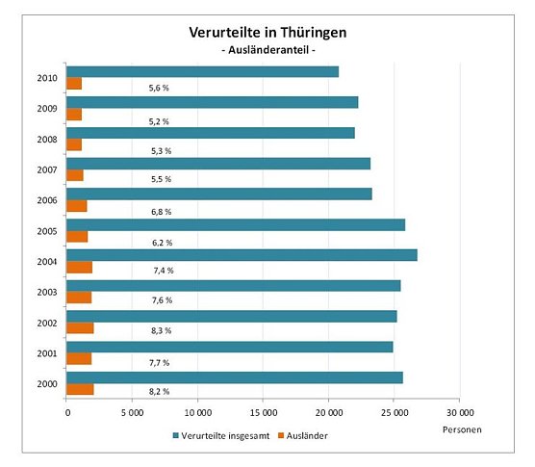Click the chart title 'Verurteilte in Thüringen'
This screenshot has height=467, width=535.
(267, 33)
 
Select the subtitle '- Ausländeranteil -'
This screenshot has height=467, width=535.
(267, 50)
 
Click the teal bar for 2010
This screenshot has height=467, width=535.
(202, 71)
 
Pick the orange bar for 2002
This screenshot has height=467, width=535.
(80, 327)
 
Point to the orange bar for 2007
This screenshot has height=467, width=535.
(75, 175)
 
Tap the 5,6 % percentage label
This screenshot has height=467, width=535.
(160, 88)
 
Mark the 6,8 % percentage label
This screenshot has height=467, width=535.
(160, 210)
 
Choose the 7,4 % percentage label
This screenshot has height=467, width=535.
(160, 271)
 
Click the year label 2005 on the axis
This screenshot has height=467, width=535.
(46, 231)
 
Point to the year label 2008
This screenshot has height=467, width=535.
(46, 140)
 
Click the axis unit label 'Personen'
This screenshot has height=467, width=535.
(463, 428)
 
